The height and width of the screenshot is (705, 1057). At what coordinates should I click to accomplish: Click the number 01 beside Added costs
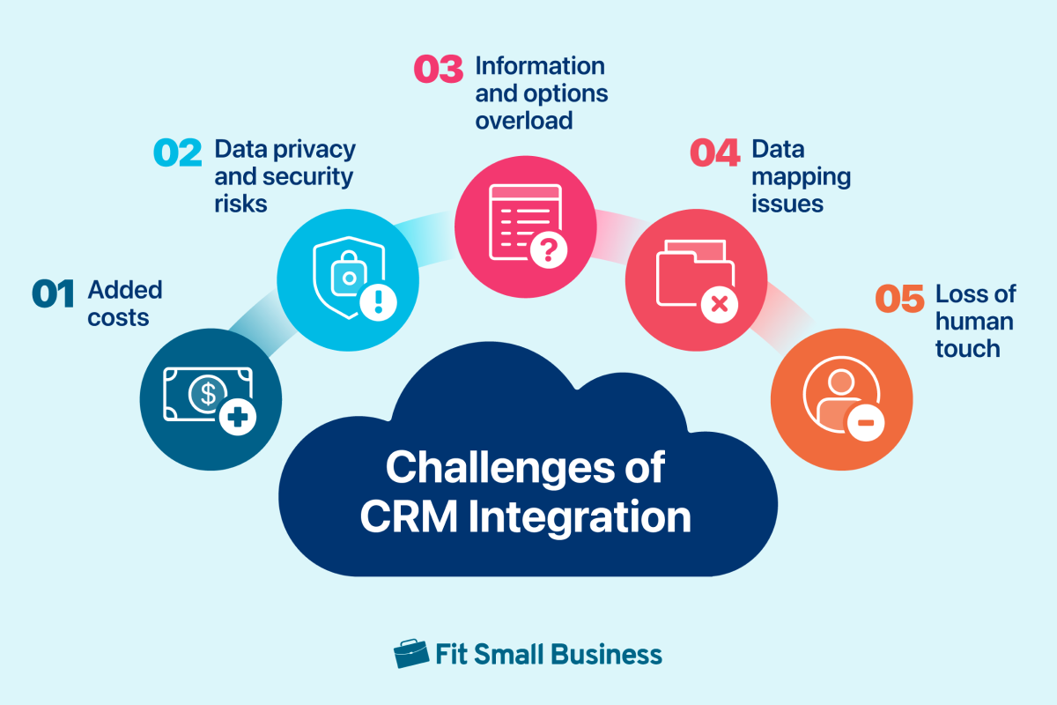pyautogui.click(x=53, y=293)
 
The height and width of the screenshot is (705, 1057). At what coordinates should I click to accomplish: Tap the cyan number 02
pyautogui.click(x=177, y=152)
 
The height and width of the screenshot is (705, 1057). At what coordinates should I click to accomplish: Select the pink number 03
pyautogui.click(x=438, y=69)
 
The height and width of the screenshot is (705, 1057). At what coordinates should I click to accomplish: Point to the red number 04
pyautogui.click(x=714, y=152)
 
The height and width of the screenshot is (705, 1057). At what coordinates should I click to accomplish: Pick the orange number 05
pyautogui.click(x=899, y=298)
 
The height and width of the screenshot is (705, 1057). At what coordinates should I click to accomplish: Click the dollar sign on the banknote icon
pyautogui.click(x=208, y=393)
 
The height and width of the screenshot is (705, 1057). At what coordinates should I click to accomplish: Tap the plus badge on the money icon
pyautogui.click(x=237, y=417)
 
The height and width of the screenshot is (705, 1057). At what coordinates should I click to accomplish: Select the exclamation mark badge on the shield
pyautogui.click(x=378, y=302)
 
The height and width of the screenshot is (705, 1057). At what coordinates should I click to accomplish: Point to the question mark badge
pyautogui.click(x=548, y=249)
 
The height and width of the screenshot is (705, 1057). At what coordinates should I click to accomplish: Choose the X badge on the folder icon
pyautogui.click(x=719, y=304)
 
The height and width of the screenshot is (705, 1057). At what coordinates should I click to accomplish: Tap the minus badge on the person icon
pyautogui.click(x=865, y=422)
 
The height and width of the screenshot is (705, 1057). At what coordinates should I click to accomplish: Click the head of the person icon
pyautogui.click(x=841, y=381)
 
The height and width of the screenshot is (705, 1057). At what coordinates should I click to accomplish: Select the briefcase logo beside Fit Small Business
pyautogui.click(x=411, y=654)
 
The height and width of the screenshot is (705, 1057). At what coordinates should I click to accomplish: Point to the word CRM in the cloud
pyautogui.click(x=409, y=516)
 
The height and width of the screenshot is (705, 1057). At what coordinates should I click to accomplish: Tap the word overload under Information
pyautogui.click(x=524, y=121)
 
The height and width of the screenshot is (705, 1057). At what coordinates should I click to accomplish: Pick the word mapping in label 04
pyautogui.click(x=802, y=178)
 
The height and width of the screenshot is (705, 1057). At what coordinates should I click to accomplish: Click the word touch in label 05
pyautogui.click(x=968, y=348)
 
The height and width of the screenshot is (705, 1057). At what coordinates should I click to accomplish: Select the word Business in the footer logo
pyautogui.click(x=606, y=654)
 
